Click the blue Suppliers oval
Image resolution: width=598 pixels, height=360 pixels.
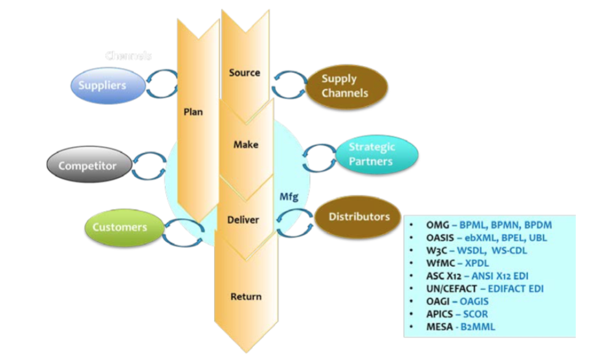coord(102,85)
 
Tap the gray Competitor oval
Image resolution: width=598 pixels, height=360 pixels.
coord(87,166)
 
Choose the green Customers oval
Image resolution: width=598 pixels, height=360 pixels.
coord(119,227)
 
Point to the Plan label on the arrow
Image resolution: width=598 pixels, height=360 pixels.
coord(193,111)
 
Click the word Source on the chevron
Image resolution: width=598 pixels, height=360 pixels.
coord(245,73)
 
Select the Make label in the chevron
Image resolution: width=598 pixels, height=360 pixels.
coord(246,144)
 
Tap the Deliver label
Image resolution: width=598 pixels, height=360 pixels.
coord(243,219)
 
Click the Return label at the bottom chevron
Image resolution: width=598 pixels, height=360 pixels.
coord(246,297)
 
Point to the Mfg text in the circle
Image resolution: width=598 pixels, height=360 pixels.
coord(289,196)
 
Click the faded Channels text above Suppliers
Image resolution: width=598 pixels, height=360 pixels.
coord(129,56)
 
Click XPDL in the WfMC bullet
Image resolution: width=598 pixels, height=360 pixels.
coord(477,264)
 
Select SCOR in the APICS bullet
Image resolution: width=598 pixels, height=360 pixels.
coord(476,314)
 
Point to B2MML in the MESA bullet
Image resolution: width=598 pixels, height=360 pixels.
coord(476,327)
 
